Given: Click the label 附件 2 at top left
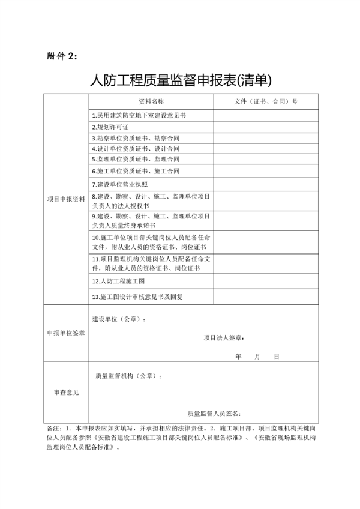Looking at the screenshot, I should tap(62, 56).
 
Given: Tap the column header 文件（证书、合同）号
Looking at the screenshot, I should tap(266, 101).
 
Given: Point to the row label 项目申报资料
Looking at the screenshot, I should tap(67, 199).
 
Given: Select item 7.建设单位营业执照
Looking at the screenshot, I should tap(119, 184).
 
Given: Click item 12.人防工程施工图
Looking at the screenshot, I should tap(118, 280).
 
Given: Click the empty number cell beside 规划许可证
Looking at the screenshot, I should tap(265, 127).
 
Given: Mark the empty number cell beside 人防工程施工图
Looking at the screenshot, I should tap(265, 280).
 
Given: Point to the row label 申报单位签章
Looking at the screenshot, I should tap(67, 333).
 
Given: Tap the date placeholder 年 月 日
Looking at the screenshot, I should tap(258, 356).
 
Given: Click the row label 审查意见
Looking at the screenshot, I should tap(67, 393).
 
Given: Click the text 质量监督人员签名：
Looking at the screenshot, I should tap(214, 413).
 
